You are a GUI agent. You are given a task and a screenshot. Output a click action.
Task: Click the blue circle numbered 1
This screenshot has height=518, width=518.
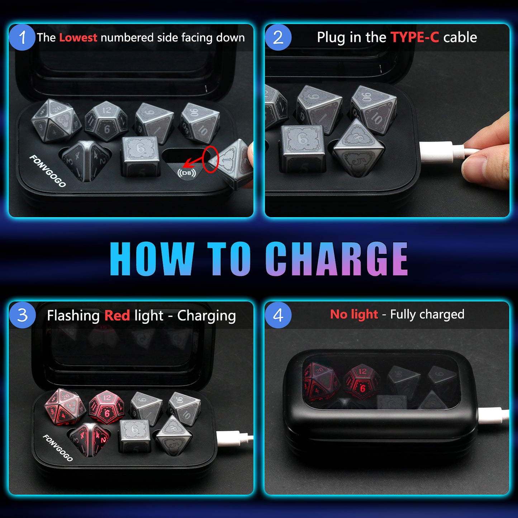point(22,37)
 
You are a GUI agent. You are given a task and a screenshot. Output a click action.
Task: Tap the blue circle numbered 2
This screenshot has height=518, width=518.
point(278,37)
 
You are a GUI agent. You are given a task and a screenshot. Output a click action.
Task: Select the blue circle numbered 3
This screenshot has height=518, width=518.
point(22,315)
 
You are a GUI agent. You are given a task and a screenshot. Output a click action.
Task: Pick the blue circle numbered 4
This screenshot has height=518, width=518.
point(278,315)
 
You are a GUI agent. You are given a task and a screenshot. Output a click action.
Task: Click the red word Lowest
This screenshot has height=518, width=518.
point(78,38)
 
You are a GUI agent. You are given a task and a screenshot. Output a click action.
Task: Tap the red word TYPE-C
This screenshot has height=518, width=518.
point(415,37)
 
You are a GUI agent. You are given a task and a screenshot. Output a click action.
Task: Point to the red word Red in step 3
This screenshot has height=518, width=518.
point(117,315)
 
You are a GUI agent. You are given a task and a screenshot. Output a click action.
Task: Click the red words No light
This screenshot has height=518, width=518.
point(354,314)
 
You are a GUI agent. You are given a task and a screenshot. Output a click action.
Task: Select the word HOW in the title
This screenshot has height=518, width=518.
point(152,258)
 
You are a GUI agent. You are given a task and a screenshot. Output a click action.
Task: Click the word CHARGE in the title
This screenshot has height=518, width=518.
point(337,258)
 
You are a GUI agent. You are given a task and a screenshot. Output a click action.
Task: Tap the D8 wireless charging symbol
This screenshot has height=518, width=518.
point(187,173)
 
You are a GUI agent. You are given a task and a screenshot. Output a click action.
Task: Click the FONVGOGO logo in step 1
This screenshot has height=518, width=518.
point(48,171)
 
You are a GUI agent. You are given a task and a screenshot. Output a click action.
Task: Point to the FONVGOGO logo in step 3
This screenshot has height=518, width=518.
point(58,448)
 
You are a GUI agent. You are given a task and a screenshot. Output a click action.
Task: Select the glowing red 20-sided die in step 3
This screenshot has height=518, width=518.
point(65,407)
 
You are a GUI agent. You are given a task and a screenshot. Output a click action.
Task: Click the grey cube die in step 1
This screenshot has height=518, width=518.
point(140,156)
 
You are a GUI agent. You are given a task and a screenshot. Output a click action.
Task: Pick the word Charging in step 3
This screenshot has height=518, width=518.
point(206,316)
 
